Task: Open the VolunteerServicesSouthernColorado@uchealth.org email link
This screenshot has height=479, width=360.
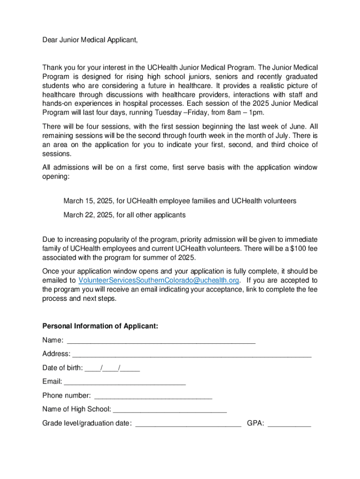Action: (x=159, y=280)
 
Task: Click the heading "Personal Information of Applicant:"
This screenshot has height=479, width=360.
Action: (x=100, y=326)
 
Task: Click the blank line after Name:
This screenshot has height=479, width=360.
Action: (x=161, y=341)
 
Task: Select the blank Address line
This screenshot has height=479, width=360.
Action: (x=192, y=354)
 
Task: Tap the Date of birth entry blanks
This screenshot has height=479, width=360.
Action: (x=113, y=368)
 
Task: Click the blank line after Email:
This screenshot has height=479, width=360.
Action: (x=125, y=382)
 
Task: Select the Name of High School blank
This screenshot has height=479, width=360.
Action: (x=170, y=409)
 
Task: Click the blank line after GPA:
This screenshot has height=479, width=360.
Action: (x=289, y=423)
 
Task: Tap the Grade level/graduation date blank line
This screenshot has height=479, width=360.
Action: (x=188, y=423)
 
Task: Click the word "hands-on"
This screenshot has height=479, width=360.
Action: (x=56, y=103)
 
